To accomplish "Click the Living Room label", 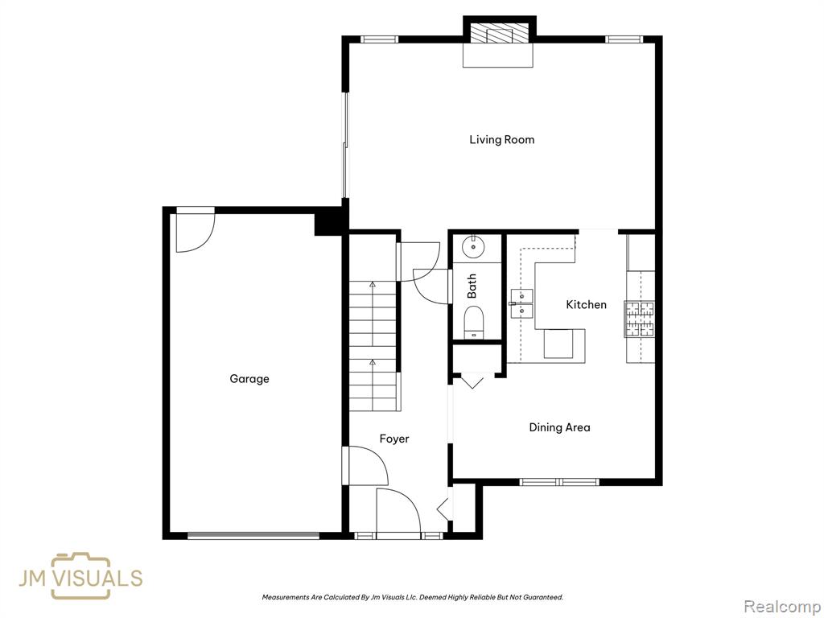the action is [502, 140].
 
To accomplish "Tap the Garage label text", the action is [249, 379].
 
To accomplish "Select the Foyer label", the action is [394, 439].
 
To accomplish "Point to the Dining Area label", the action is [560, 428].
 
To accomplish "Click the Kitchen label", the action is [587, 305].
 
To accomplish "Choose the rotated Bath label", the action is [472, 286].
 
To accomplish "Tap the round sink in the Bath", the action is [473, 246].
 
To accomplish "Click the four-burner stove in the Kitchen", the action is [640, 319].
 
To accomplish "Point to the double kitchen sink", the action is [521, 303].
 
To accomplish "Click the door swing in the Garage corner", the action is [196, 230].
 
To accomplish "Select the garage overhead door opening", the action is [253, 535].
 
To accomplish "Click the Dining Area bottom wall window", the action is [560, 481].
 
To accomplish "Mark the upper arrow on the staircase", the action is [373, 284].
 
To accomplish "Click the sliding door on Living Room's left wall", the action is [345, 146].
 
